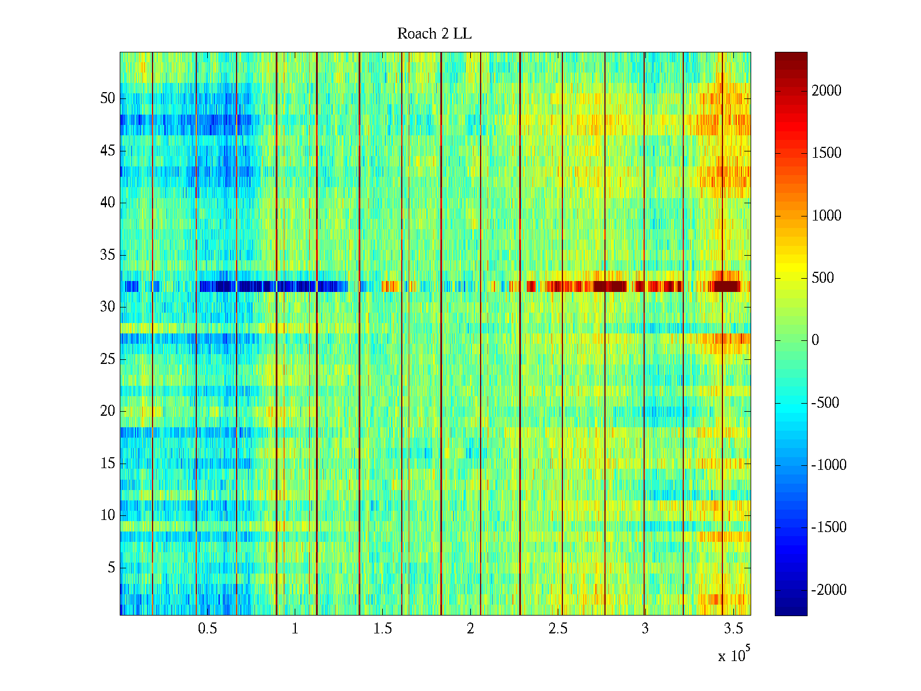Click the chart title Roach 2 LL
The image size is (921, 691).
434,34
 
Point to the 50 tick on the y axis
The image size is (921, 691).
108,98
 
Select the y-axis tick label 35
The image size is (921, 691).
108,255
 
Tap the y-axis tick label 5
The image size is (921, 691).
111,568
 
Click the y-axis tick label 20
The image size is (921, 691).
108,411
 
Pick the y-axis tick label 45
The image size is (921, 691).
108,151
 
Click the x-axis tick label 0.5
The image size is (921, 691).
207,629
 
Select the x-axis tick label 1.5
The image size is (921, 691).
382,629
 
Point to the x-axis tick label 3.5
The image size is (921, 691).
732,629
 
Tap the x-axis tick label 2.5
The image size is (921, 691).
557,629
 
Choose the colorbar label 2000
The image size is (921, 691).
827,90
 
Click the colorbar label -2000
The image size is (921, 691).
829,590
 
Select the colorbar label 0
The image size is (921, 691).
815,340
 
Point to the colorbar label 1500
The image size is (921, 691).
827,153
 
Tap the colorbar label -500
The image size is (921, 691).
825,403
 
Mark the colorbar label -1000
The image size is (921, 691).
829,465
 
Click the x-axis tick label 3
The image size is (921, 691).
645,629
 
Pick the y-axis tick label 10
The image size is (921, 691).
108,515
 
